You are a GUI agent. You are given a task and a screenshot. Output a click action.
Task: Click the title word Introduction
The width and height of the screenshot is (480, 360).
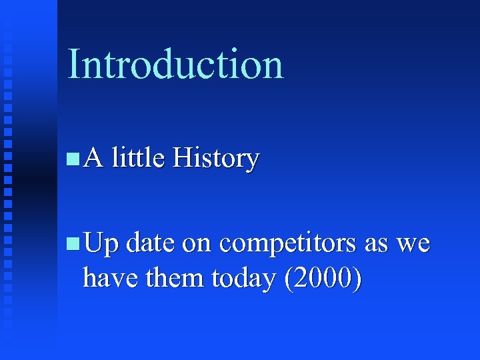[x=175, y=65]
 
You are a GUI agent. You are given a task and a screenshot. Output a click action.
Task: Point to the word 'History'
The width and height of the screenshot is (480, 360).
[x=215, y=159]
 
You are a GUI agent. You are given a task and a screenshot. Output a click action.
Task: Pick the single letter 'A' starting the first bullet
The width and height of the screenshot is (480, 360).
[x=94, y=159]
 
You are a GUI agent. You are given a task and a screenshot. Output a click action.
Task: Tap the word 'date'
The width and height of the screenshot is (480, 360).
[x=150, y=244]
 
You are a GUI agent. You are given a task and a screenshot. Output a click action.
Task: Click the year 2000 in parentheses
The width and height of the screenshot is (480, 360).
[x=323, y=278]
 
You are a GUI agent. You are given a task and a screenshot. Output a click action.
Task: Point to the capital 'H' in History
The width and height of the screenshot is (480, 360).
[x=181, y=159]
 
